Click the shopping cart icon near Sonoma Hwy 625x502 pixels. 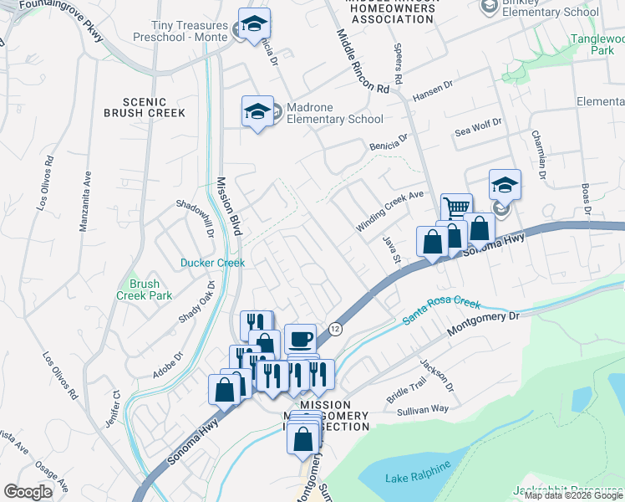point(456,207)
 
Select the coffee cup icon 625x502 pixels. point(301,339)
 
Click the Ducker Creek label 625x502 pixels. point(213,263)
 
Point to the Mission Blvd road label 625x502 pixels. point(228,204)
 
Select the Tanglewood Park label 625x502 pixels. point(597,44)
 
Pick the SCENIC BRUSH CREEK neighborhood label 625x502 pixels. point(144,105)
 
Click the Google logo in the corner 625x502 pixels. point(28,491)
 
